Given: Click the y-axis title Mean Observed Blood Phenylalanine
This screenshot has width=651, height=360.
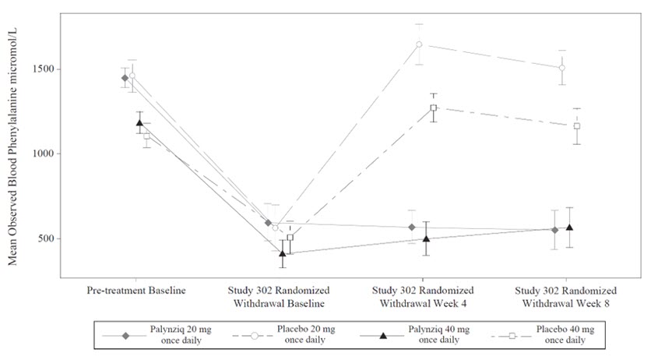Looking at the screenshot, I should pos(13,148).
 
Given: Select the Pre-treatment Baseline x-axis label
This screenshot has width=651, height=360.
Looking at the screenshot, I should pos(136,291).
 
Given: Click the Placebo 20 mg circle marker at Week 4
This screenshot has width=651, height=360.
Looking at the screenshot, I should pos(419,44).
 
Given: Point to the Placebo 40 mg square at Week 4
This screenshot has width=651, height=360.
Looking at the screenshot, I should pos(434,108).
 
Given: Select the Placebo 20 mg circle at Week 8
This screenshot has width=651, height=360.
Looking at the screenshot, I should pos(561,68).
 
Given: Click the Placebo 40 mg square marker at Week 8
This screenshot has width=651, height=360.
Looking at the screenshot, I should pos(577,126).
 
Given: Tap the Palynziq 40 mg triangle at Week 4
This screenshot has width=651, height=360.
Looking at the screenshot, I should pos(426,238).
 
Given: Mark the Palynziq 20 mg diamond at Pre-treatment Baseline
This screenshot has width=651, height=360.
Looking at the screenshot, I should pos(125,78).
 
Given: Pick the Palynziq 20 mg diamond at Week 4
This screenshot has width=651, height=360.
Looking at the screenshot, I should pos(411,227).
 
